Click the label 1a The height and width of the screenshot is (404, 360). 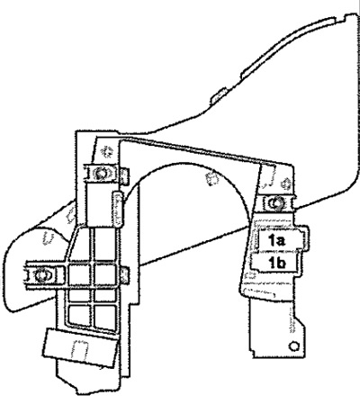point(276,240)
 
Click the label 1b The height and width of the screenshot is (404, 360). point(277,264)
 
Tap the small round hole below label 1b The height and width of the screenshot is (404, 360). point(294,346)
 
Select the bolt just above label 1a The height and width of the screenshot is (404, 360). point(275,203)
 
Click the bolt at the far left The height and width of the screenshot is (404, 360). point(42,275)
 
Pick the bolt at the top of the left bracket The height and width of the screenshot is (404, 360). point(100,174)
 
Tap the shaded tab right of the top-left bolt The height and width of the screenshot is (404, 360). point(125,175)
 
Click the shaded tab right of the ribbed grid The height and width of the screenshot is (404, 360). point(125,275)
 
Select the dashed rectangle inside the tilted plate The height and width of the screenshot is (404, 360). point(79,350)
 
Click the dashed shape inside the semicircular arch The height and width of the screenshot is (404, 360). point(213,178)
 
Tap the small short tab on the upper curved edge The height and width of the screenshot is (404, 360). point(219,94)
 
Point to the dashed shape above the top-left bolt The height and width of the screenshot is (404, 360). point(106,150)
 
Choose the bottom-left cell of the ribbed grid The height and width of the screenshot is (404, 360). point(80,316)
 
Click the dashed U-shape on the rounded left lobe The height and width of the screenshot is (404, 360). point(49,238)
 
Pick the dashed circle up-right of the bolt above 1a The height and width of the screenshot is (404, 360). point(286,184)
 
